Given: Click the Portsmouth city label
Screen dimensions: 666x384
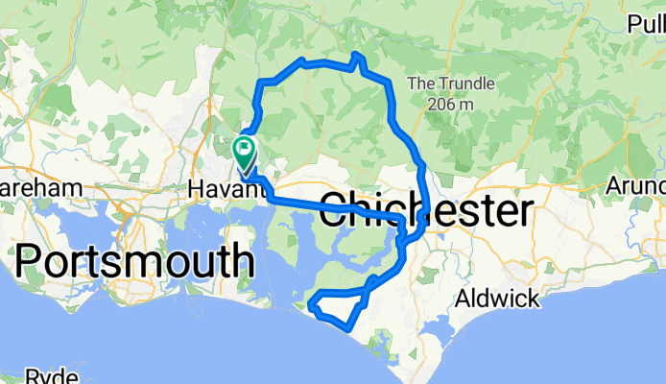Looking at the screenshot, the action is [134, 260].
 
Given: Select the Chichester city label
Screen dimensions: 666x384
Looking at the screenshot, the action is [424, 210].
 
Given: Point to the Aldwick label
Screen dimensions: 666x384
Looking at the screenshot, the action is [499, 299].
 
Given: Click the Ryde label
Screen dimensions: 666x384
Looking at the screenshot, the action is [51, 375].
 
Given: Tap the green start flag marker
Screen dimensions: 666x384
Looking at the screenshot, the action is [244, 150].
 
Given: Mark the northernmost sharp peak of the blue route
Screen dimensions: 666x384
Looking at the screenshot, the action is [356, 55].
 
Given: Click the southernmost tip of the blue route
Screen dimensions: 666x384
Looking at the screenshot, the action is [346, 327].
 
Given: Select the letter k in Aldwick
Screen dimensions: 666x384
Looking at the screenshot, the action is [533, 299].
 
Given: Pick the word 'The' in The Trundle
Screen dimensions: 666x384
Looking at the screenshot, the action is [422, 84].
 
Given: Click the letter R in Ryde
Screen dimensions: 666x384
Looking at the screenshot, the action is [32, 375].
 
